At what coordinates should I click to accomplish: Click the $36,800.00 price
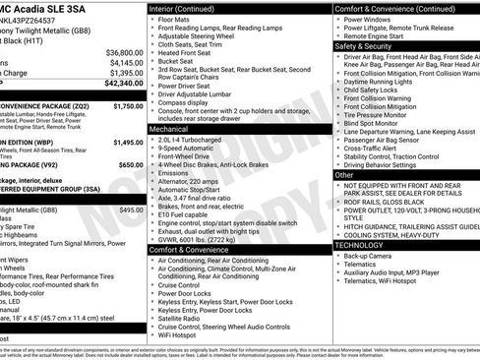tap(124, 51)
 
